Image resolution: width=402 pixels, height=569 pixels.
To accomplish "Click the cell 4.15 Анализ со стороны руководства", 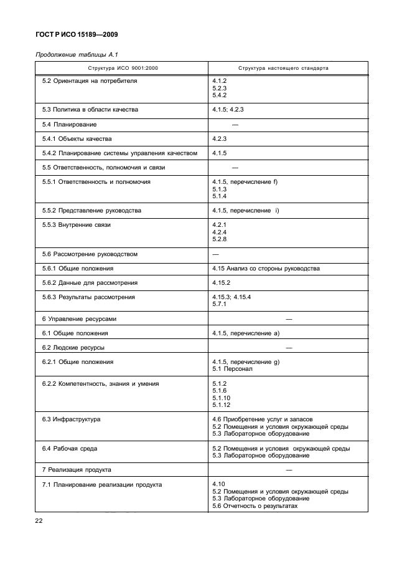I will [266, 268].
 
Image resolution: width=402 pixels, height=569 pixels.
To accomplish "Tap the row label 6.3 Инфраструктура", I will [71, 419].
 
